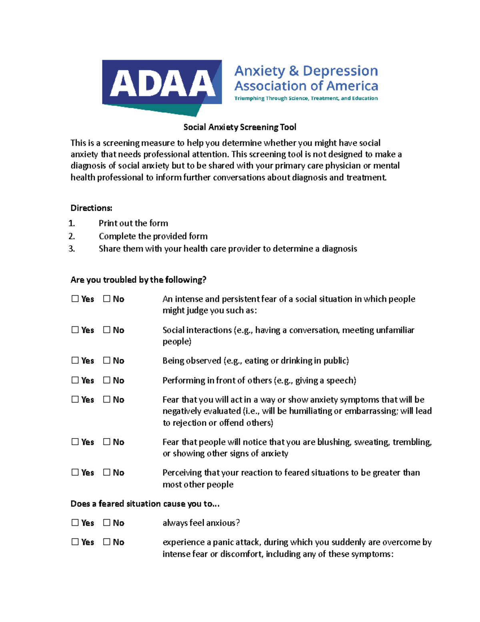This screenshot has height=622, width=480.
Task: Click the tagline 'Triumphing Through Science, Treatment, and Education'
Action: coord(306,98)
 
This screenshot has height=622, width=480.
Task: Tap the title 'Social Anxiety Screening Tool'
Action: coord(240,127)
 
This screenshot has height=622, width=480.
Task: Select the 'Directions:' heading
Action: coord(91,208)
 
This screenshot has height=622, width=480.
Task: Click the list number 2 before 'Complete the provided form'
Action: coord(72,236)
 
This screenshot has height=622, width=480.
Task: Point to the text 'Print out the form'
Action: coord(133,223)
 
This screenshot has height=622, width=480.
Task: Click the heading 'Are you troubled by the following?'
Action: coord(138,280)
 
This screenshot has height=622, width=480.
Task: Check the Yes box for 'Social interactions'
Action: coord(75,330)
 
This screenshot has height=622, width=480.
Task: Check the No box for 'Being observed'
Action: coord(107,360)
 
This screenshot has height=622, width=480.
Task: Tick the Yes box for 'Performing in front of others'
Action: coord(75,380)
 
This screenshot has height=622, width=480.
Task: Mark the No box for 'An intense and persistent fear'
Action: coord(107,298)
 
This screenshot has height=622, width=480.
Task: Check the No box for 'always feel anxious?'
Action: coord(107,522)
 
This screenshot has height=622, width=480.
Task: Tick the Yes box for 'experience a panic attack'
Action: coord(75,541)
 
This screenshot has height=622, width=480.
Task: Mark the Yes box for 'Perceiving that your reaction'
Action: coord(75,472)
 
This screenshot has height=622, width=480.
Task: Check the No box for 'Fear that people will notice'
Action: coord(107,441)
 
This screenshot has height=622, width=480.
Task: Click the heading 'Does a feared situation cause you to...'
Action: coord(145,503)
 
